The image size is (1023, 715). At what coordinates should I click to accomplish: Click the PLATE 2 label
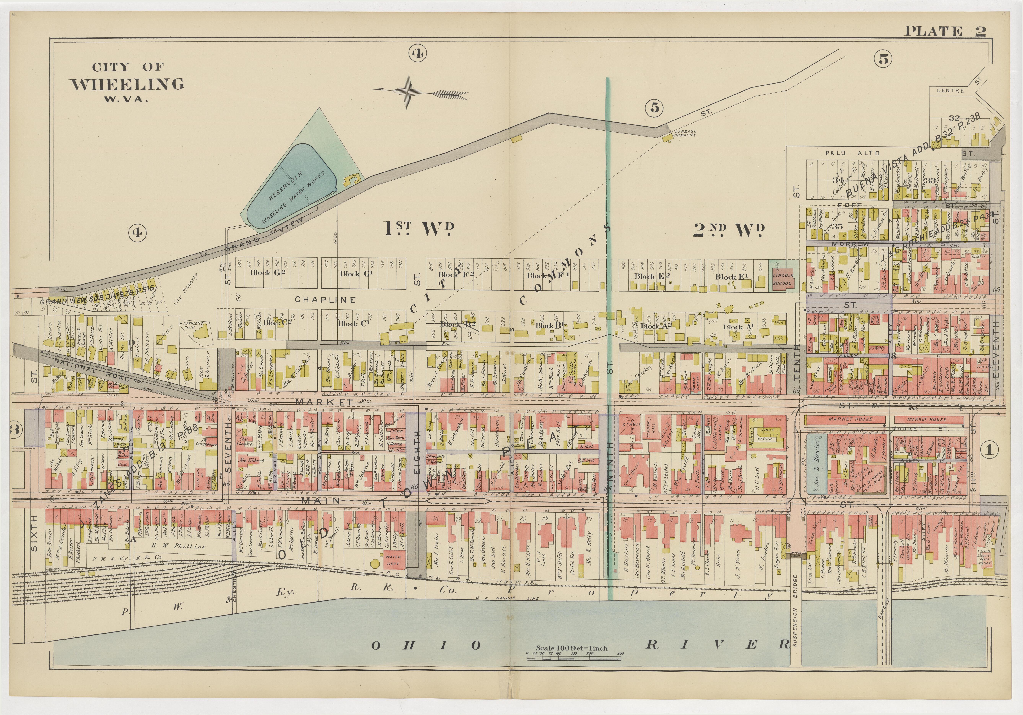pyautogui.click(x=945, y=31)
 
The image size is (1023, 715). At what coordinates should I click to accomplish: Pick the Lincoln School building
pyautogui.click(x=782, y=279)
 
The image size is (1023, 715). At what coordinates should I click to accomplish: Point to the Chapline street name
pyautogui.click(x=325, y=300)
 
